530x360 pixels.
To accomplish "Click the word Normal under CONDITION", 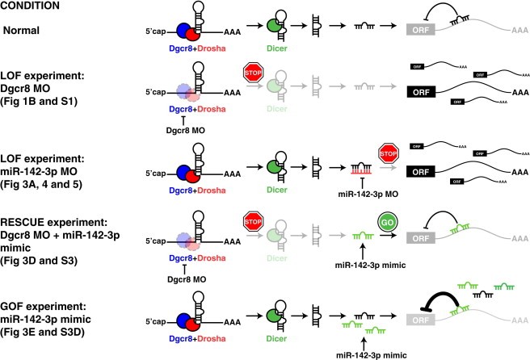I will (x=23, y=30).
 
